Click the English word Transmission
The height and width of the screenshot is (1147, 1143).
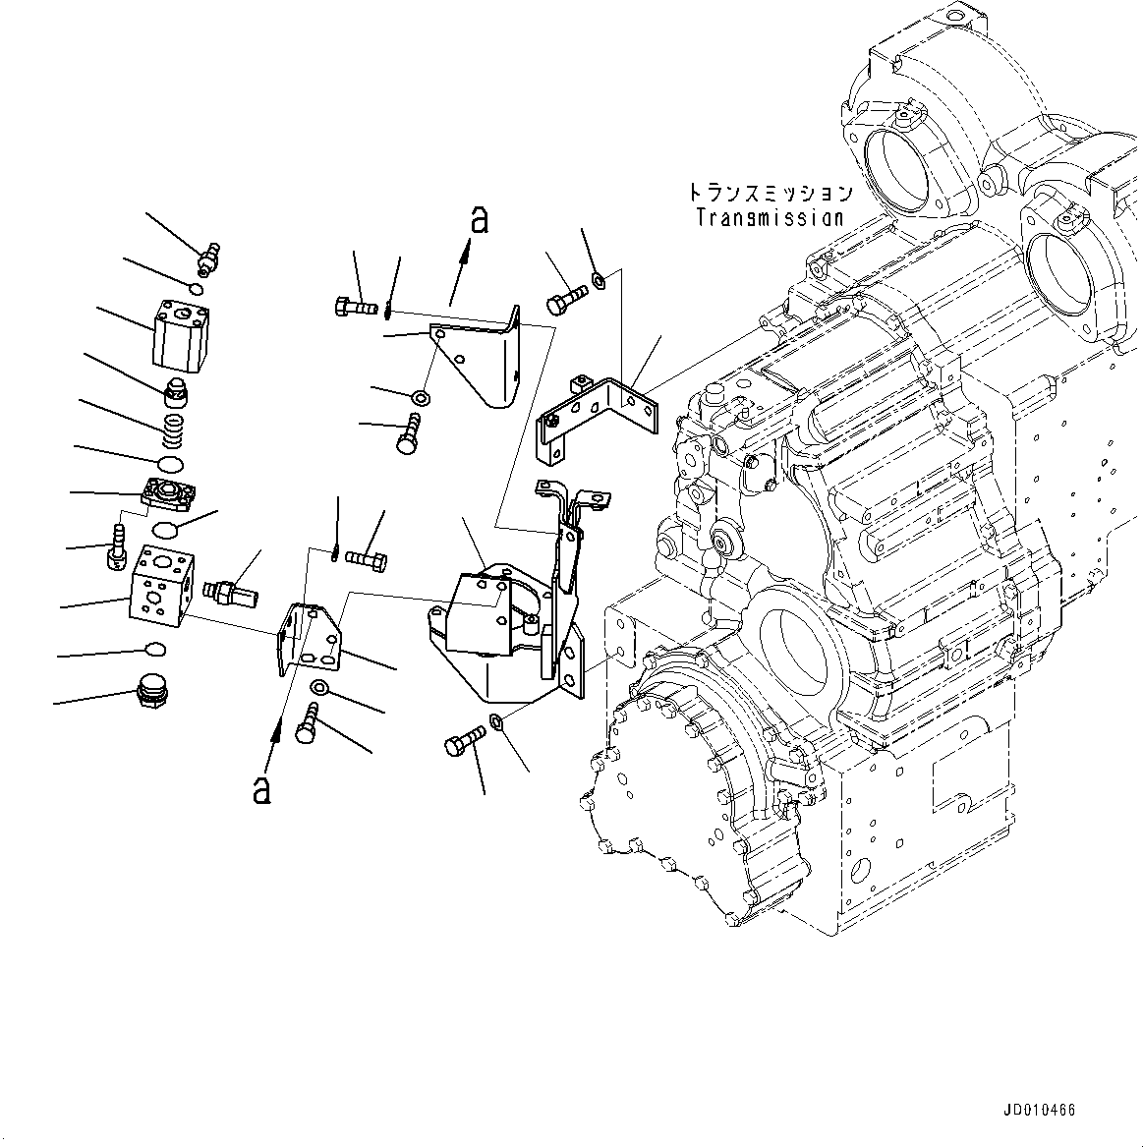point(770,218)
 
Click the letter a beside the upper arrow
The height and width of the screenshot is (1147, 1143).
point(478,221)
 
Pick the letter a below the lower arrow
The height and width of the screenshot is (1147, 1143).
point(261,789)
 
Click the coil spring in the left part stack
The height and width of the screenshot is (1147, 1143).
point(173,427)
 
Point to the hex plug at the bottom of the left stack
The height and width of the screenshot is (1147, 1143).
point(149,690)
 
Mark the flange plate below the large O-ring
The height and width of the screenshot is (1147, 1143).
point(170,490)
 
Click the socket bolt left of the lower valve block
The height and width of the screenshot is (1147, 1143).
point(115,545)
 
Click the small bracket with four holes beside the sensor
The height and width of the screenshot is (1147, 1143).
point(309,639)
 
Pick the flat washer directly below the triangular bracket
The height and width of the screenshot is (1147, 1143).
point(420,398)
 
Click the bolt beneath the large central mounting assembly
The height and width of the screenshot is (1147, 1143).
point(465,738)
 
